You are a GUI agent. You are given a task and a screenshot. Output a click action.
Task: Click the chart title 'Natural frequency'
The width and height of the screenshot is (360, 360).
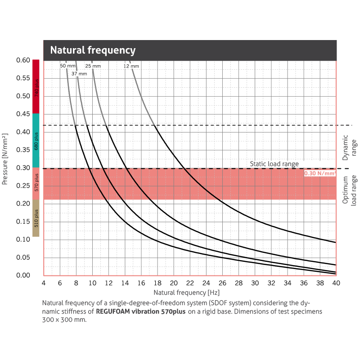93,50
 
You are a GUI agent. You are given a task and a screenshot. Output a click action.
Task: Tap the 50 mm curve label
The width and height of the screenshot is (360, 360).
68,66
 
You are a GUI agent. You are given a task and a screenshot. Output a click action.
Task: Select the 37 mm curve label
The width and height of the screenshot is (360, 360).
79,73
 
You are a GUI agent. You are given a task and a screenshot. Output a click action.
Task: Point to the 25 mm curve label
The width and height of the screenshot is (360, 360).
93,66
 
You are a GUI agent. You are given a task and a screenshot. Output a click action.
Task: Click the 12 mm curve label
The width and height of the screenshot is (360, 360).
131,66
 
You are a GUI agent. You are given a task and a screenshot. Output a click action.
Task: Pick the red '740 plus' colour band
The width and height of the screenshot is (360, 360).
36,86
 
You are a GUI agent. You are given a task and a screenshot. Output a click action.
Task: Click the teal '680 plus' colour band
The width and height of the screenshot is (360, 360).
36,140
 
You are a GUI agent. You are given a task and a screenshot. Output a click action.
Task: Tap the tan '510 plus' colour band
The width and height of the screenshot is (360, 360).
36,218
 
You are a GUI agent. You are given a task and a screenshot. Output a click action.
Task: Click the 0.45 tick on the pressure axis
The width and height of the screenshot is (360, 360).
23,114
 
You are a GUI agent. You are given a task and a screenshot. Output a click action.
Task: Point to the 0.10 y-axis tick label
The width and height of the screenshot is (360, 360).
23,239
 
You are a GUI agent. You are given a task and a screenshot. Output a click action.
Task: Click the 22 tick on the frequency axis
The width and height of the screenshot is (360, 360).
190,283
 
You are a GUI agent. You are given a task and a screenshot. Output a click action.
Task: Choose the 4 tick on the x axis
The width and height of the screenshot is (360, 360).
44,283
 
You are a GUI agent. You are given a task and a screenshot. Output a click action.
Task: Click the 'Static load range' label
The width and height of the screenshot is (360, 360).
274,164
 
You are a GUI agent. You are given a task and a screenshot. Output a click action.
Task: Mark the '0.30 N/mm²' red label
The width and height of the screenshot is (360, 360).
320,173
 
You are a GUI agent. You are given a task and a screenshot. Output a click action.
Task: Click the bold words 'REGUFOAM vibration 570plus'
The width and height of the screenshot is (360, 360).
141,311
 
